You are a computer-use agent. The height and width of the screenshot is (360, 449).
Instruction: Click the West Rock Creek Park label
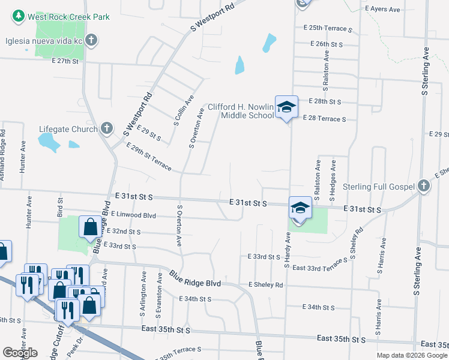68,17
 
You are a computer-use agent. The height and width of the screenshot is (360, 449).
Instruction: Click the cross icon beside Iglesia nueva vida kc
91,41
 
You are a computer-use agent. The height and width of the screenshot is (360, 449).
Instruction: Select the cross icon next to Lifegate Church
106,128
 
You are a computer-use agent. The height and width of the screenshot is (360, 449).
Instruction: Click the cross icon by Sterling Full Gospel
424,187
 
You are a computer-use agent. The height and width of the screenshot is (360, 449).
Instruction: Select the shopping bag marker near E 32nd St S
89,227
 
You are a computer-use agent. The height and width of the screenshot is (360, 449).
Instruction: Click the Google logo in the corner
20,353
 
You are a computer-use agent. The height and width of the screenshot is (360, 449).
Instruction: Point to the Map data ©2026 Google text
412,355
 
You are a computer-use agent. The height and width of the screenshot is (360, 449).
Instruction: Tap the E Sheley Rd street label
265,284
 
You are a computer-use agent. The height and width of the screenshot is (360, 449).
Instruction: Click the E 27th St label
65,61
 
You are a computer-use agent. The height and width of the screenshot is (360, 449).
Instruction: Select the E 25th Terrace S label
328,28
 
